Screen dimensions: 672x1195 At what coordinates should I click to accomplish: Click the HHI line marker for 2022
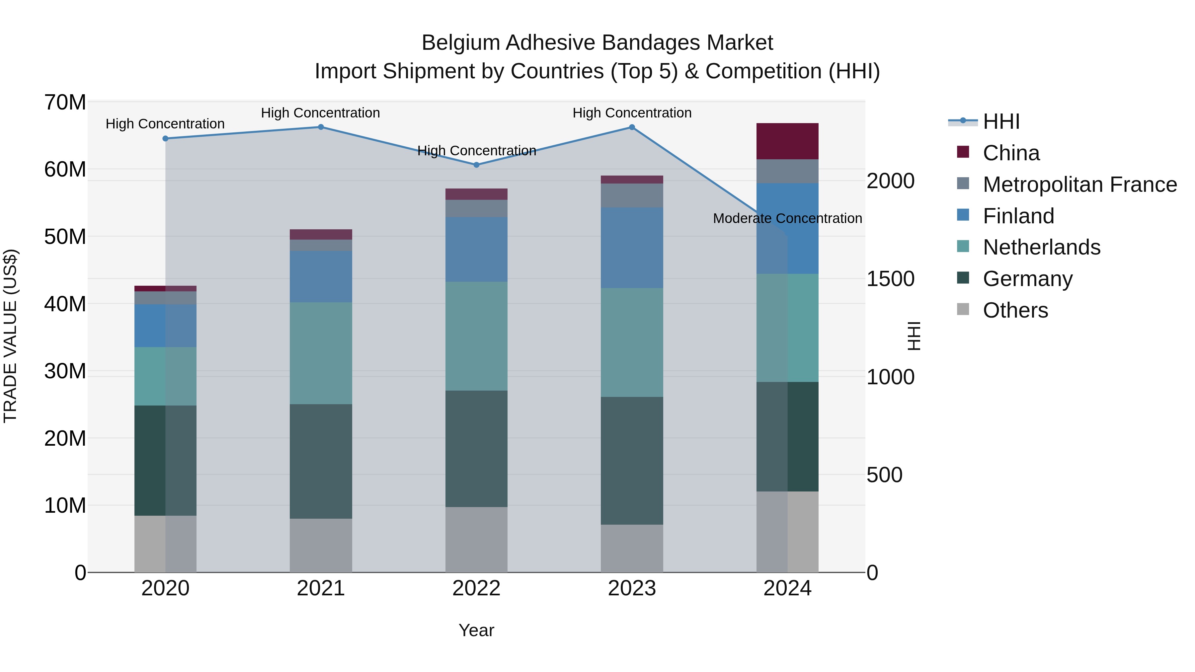coord(476,165)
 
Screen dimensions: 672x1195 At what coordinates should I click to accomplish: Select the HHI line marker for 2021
coord(321,127)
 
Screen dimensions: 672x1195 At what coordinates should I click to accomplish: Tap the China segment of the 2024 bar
coord(787,141)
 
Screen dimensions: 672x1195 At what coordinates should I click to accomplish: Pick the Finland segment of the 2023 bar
coord(632,247)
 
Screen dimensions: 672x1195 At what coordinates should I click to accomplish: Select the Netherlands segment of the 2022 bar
coord(476,336)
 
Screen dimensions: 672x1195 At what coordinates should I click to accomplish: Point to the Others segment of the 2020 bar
coord(165,544)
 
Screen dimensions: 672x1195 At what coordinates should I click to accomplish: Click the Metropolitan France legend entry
coord(1079,185)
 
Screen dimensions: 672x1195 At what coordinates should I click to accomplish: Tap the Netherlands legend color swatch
coord(963,246)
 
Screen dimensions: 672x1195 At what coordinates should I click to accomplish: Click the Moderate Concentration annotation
coord(787,218)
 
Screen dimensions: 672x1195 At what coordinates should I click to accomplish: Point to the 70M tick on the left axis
coord(65,103)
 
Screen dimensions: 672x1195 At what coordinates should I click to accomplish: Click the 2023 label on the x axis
coord(632,588)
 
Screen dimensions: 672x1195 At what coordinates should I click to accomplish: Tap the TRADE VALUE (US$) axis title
coord(10,336)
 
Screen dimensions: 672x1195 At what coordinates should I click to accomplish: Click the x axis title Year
coord(476,630)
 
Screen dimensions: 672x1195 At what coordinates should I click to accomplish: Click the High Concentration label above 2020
coord(165,124)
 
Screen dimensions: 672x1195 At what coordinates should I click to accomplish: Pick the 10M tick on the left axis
coord(65,505)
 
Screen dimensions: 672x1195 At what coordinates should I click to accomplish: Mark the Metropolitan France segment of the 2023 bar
coord(632,195)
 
